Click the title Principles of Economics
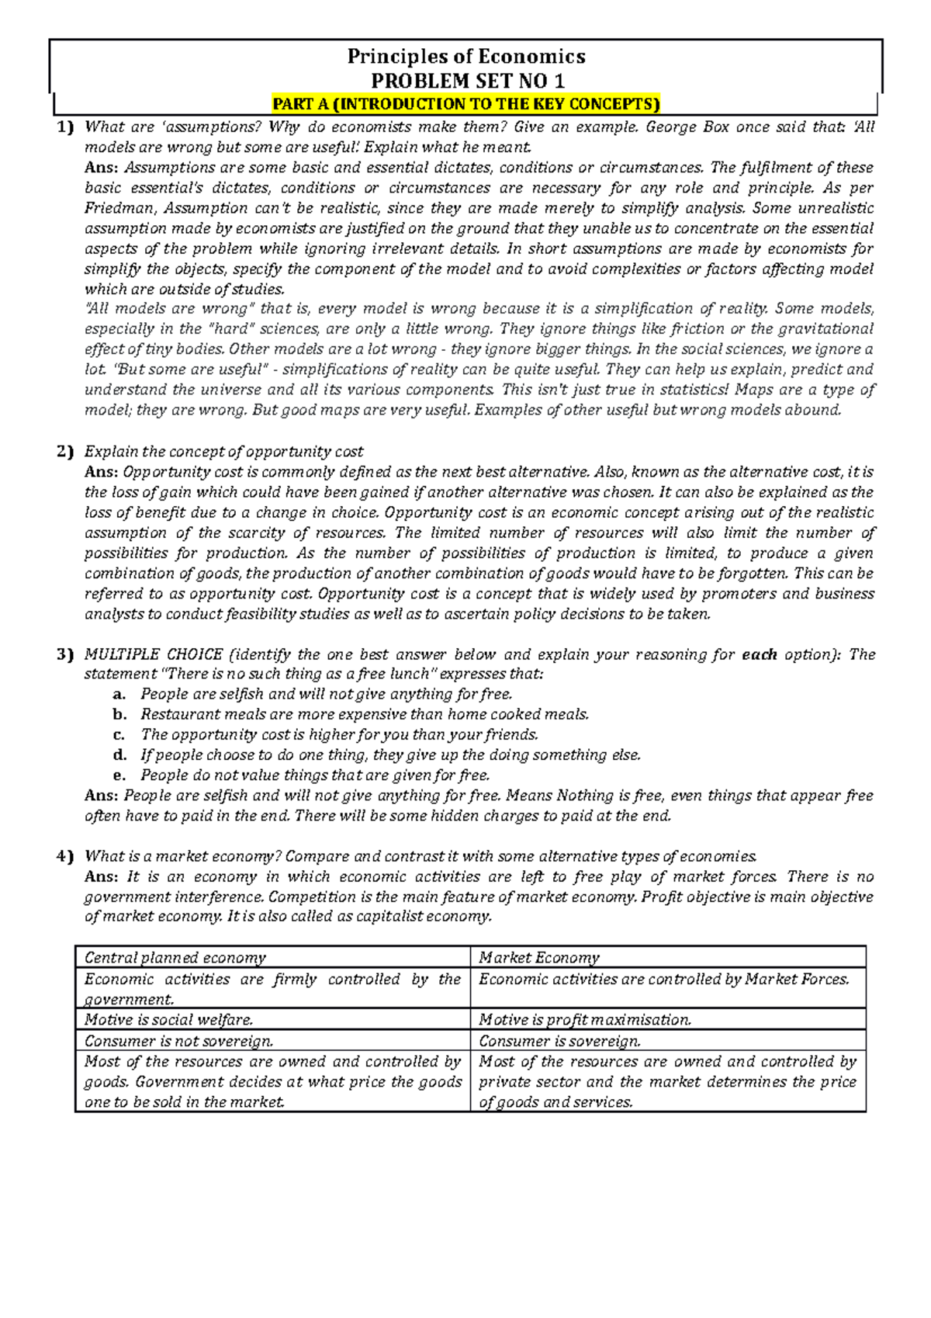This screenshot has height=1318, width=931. (465, 57)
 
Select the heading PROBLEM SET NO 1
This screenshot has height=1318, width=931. (467, 81)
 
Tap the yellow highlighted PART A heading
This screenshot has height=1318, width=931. (465, 104)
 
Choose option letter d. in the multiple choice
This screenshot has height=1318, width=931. (119, 754)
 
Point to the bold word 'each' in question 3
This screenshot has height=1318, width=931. (760, 654)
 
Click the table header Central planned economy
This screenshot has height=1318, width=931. (175, 958)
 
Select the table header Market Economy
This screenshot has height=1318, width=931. (539, 958)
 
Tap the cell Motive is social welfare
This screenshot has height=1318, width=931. (169, 1020)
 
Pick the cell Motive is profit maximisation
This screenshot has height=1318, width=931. (585, 1020)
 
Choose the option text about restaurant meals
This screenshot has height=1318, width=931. (365, 714)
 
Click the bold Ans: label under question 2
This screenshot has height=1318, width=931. (102, 472)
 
